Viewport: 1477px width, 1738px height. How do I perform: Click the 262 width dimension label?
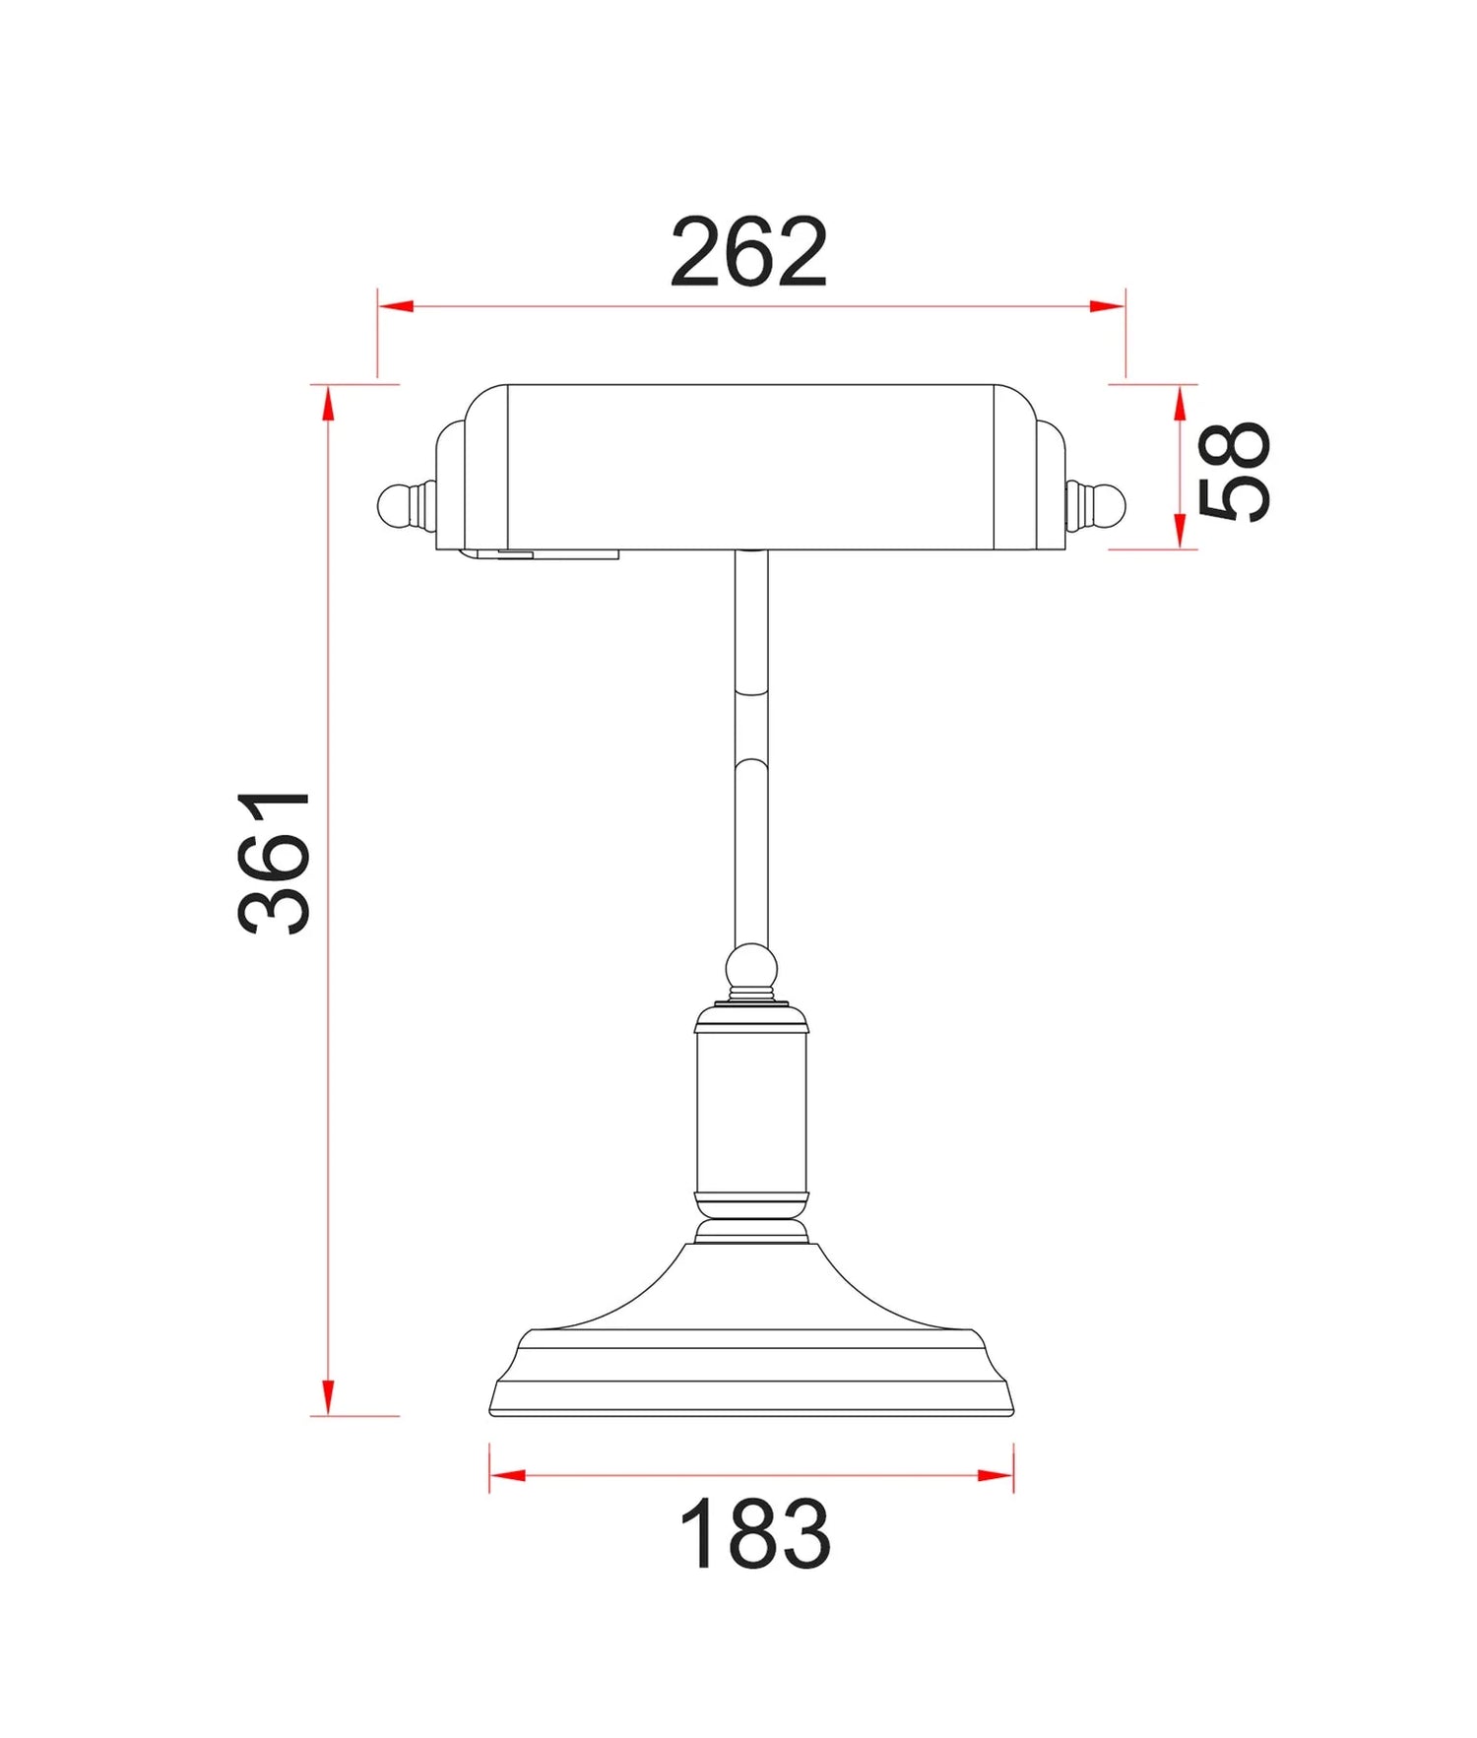(x=748, y=253)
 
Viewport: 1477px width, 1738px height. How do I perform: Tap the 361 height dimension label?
(x=275, y=862)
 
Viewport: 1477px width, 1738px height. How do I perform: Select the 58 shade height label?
(x=1234, y=471)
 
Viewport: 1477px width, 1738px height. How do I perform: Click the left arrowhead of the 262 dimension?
(x=395, y=306)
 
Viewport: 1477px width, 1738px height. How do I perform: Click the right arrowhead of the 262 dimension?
(x=1108, y=306)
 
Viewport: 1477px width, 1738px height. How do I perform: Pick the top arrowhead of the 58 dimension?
(x=1180, y=402)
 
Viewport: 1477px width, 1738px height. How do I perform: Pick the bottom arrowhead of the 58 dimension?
(x=1180, y=532)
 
